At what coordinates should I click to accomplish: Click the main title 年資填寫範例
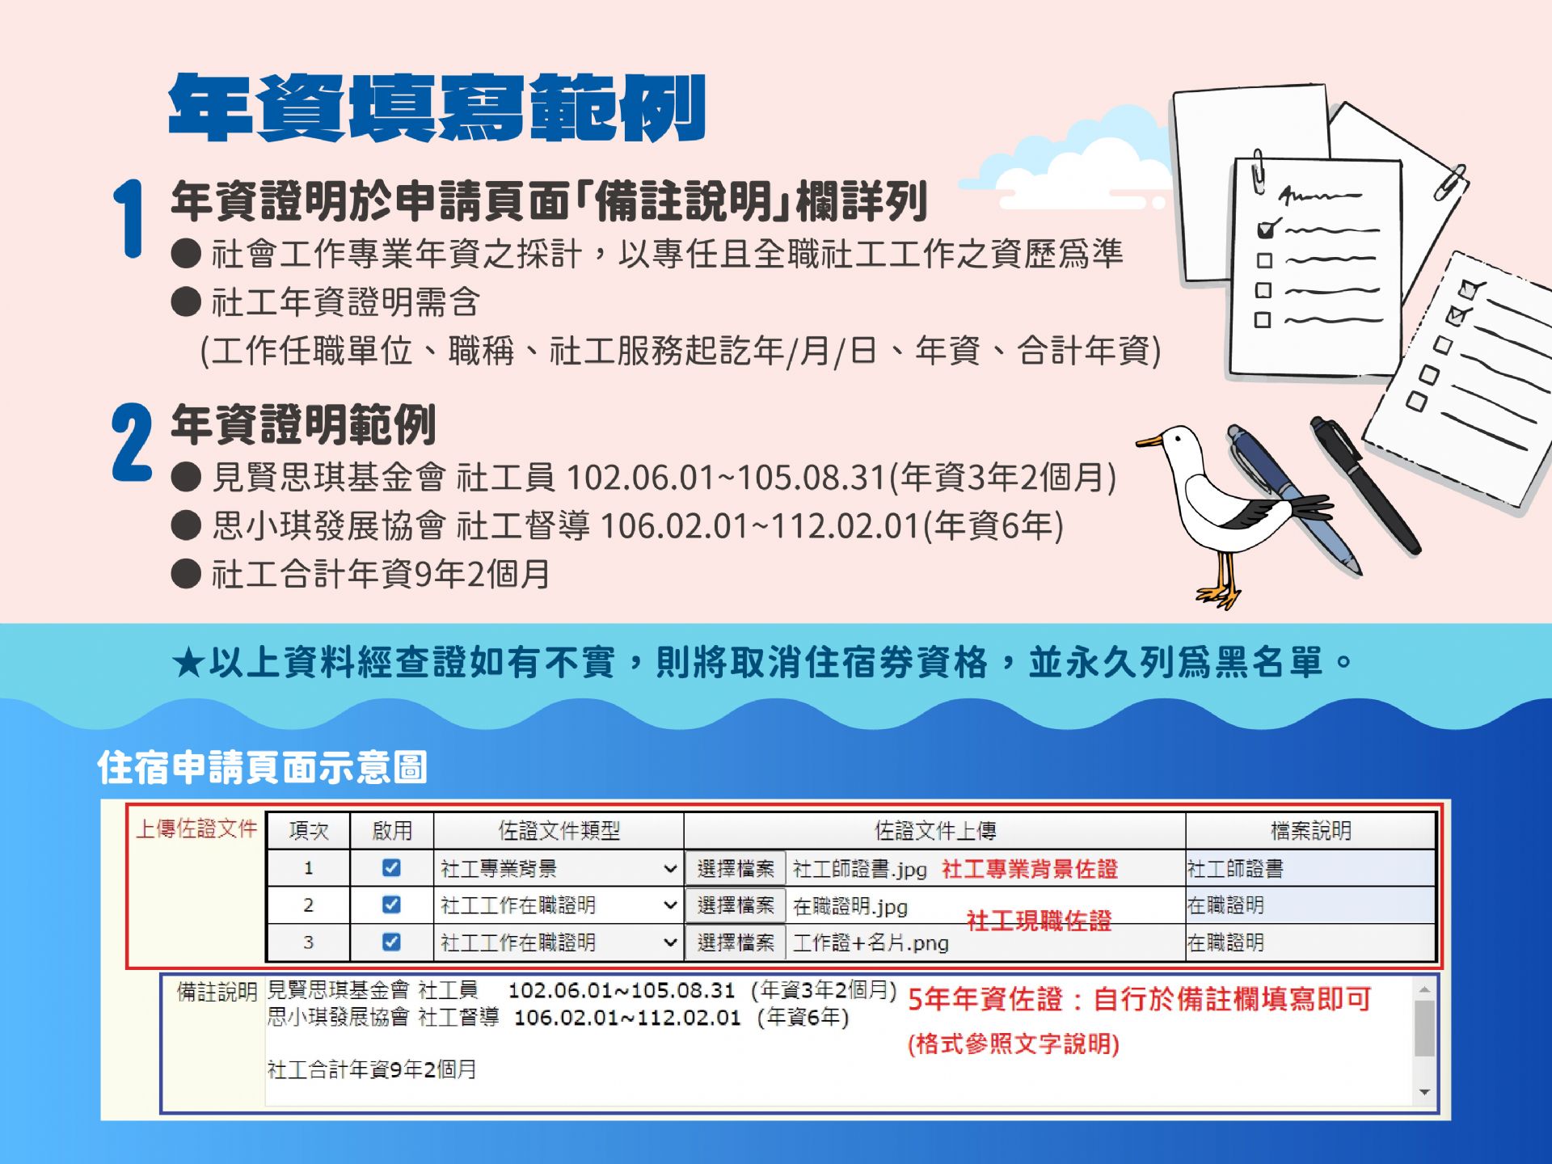click(437, 108)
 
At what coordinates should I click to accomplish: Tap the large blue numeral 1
click(129, 218)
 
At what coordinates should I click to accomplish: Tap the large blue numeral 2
click(132, 442)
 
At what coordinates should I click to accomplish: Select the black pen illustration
click(1365, 485)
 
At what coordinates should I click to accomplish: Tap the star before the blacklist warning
click(188, 664)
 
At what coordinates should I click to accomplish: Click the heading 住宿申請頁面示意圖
click(262, 767)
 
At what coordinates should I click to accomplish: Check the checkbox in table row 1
click(391, 868)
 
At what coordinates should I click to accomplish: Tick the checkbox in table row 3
click(391, 942)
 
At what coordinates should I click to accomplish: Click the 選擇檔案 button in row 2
click(735, 905)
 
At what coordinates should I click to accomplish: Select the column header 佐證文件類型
click(559, 831)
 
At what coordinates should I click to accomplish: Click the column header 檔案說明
click(1310, 831)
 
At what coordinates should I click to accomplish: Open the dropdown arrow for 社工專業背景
click(669, 869)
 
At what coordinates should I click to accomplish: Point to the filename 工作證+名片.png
click(871, 943)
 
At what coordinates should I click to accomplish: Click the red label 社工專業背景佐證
click(1030, 869)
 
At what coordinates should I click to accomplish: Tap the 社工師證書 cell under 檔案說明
click(1235, 869)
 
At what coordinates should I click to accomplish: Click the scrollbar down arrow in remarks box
click(1424, 1093)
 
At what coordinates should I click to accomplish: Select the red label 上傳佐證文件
click(196, 829)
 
